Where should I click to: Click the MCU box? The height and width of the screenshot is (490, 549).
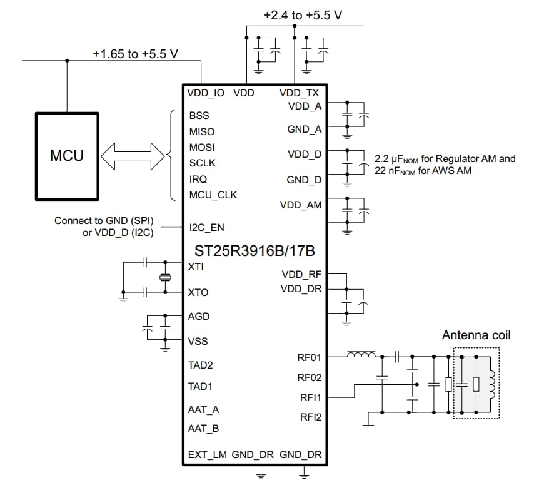(66, 156)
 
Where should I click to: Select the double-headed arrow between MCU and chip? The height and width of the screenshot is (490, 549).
(135, 155)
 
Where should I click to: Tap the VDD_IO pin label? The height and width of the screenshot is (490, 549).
(206, 93)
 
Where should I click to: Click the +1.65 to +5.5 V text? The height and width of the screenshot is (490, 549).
(136, 54)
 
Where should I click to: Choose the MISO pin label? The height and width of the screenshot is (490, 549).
(201, 131)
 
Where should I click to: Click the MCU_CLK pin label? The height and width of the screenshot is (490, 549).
(213, 195)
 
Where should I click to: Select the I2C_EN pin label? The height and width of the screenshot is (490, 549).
(206, 228)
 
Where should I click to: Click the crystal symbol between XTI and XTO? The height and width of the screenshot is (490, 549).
(165, 278)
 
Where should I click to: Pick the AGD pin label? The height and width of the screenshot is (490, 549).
(199, 317)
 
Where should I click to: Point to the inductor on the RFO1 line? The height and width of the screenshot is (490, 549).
(362, 356)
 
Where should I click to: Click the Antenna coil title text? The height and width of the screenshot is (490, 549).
(476, 335)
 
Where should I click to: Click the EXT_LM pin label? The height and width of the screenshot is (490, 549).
(207, 455)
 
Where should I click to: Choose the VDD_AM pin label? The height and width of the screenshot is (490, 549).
(301, 205)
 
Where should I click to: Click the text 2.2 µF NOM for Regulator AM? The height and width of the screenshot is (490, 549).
(445, 159)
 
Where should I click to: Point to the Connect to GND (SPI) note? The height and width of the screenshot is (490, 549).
(104, 221)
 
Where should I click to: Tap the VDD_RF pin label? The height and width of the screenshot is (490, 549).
(301, 274)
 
